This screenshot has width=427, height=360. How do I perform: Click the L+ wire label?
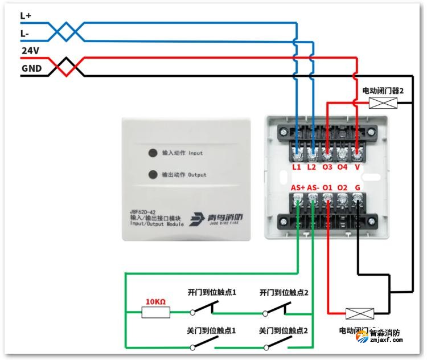coord(26,16)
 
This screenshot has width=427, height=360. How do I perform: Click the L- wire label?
coord(24,34)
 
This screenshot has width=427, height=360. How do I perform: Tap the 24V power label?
coord(30,51)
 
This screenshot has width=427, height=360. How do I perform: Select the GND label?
coord(31,68)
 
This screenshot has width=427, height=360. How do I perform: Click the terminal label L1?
coord(297,167)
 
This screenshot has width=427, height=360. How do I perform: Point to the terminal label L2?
coord(312,167)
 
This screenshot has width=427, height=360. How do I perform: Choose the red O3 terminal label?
coord(327,167)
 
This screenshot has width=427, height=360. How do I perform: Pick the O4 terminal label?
coord(342,167)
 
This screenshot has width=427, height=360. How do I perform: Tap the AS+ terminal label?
coord(298,187)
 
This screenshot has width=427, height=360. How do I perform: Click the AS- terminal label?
coord(313,187)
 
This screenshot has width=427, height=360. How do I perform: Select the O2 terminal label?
coord(342,187)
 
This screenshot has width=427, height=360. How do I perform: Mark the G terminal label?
coord(357,187)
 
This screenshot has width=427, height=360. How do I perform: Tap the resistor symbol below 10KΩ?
coord(156,312)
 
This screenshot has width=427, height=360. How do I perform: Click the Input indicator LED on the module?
coord(152,153)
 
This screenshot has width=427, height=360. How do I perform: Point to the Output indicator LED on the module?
coord(152,174)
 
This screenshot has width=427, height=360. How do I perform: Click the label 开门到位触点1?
coord(212,292)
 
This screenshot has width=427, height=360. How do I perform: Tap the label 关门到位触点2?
coord(284,330)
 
